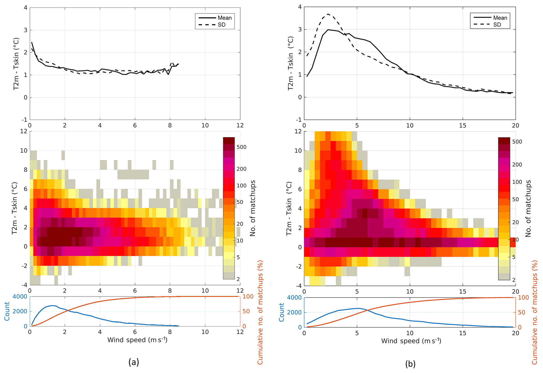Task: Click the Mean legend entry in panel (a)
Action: pos(224,18)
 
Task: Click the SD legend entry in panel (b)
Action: pos(497,25)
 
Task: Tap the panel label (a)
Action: pos(133,362)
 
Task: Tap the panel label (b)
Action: pos(410,364)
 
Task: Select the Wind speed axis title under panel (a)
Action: pos(137,340)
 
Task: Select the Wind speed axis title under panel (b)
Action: pos(411,341)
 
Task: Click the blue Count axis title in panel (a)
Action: pos(7,311)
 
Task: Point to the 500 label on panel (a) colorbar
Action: pos(241,147)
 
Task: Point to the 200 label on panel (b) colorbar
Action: pos(517,165)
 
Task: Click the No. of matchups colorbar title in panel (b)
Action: pos(528,208)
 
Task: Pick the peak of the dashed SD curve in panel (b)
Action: pos(328,14)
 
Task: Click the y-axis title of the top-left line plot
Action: pos(16,64)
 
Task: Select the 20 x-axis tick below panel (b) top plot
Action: pos(515,126)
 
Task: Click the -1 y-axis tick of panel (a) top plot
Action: pos(24,120)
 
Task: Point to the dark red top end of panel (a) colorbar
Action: pos(229,140)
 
